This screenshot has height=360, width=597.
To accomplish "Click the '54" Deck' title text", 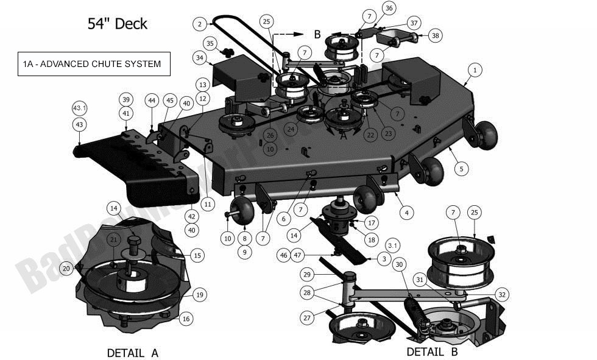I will [118, 24].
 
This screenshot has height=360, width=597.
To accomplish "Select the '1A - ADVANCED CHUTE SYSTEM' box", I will [93, 64].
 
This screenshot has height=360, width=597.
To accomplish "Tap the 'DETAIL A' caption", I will [132, 353].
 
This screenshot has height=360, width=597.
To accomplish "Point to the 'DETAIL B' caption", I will [432, 351].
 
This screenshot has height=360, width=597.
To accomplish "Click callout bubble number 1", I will [473, 71].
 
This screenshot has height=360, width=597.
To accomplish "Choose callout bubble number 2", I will [200, 24].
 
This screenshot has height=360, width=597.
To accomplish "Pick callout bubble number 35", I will [210, 43].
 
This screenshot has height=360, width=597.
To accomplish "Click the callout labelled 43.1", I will [80, 108].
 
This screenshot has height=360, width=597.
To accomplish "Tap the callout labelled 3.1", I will [393, 245].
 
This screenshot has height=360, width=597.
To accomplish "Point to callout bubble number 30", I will [398, 264].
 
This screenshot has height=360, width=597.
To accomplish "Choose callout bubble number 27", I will [307, 317].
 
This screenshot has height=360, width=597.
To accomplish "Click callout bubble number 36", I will [389, 8].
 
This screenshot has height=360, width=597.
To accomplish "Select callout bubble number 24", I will [291, 129].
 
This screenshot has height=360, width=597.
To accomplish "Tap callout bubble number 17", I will [371, 223].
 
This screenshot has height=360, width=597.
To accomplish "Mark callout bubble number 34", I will [200, 58].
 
